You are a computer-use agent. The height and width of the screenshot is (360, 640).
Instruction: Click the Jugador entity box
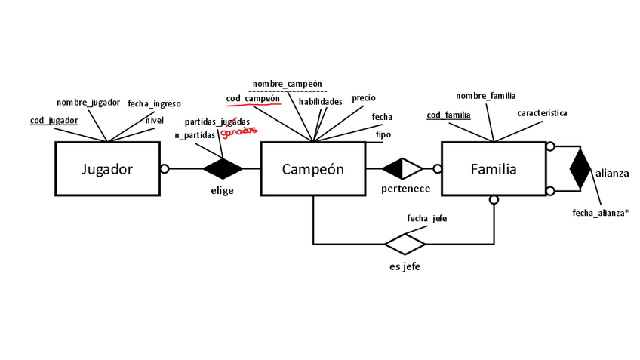click(106, 169)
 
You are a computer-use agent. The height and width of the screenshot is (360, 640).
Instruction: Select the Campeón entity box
click(312, 169)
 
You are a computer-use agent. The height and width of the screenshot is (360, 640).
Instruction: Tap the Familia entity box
click(494, 169)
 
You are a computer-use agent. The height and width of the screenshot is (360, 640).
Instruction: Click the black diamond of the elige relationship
click(223, 169)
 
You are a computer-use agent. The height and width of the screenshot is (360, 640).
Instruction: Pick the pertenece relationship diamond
click(403, 169)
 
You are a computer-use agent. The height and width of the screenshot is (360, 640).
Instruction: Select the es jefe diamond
click(405, 244)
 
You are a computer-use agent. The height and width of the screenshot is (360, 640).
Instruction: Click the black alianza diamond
click(580, 169)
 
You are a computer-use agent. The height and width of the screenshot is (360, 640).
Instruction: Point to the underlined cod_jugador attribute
click(54, 120)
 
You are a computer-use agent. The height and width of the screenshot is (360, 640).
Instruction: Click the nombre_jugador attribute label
click(88, 103)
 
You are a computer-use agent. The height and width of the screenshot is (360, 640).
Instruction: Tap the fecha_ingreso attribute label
click(154, 104)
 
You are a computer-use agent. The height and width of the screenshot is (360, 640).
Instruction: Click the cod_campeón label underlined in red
click(254, 99)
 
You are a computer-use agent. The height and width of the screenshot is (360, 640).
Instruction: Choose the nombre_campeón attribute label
click(288, 84)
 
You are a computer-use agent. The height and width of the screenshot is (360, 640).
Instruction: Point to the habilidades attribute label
click(320, 101)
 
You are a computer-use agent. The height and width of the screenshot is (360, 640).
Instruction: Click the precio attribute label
click(364, 98)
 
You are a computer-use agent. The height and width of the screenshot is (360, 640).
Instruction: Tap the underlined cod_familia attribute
click(448, 115)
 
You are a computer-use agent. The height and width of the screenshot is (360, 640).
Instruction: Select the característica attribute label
click(542, 113)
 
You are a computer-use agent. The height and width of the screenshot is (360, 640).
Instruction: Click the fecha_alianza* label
click(601, 213)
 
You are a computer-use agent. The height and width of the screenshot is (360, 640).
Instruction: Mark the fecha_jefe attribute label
click(427, 218)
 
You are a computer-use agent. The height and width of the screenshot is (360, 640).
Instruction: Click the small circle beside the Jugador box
click(163, 169)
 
